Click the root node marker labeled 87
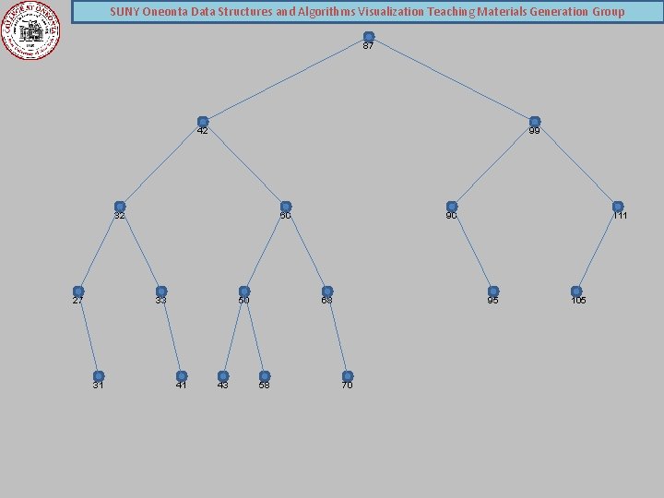click(369, 37)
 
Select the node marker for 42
click(203, 122)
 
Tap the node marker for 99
click(535, 122)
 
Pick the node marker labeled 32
click(120, 207)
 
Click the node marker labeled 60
click(286, 207)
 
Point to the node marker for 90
click(452, 207)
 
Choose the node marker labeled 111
click(618, 207)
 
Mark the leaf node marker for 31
click(99, 376)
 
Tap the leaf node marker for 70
click(348, 376)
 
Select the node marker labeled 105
click(576, 291)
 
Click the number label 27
click(78, 301)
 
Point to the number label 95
click(493, 301)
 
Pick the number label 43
click(222, 385)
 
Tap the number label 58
click(265, 385)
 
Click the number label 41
click(182, 385)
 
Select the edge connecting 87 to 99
click(452, 79)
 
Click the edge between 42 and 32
click(161, 164)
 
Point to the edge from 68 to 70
click(338, 334)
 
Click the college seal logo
click(30, 30)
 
